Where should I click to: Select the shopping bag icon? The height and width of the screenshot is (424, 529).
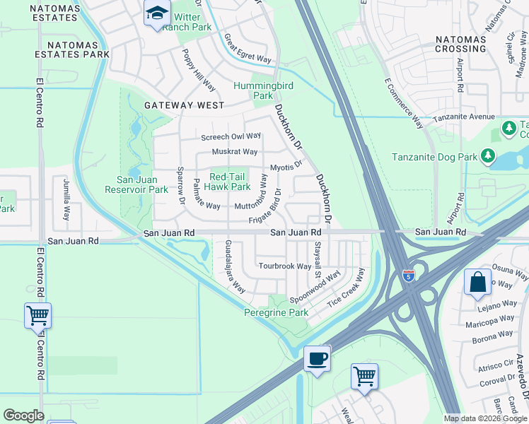click(x=478, y=281)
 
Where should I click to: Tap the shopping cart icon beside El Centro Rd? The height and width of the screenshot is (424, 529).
click(x=37, y=315)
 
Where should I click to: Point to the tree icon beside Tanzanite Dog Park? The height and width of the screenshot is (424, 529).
click(x=488, y=155)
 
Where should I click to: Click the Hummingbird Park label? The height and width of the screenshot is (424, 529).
click(x=263, y=90)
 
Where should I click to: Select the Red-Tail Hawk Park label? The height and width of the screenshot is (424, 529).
click(x=227, y=182)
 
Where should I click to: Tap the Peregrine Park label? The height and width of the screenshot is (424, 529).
click(x=277, y=312)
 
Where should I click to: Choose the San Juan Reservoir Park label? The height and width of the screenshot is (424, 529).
click(x=136, y=184)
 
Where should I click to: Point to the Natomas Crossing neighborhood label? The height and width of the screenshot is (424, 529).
click(x=460, y=44)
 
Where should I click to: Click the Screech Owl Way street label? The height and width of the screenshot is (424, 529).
click(x=231, y=136)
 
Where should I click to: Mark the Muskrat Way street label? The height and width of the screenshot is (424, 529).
click(x=235, y=152)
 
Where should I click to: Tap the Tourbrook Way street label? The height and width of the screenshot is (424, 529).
click(x=284, y=266)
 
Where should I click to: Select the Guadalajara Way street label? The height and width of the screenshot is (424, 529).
click(x=235, y=266)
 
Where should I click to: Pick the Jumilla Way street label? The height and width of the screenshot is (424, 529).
click(x=67, y=200)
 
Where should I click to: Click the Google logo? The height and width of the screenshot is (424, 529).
click(x=23, y=416)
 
